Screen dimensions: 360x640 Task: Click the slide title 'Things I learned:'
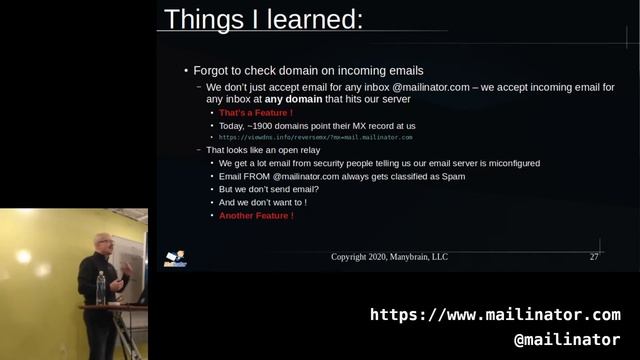click(263, 19)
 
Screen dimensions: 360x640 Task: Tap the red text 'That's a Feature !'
click(255, 113)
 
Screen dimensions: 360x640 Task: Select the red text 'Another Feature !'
click(256, 215)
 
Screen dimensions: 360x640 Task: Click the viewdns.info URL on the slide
click(316, 137)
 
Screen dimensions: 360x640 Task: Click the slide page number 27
click(594, 257)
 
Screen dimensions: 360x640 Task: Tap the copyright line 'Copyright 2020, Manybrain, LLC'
click(390, 257)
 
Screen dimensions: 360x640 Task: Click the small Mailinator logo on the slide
click(175, 258)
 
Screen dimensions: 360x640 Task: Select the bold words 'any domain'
click(293, 100)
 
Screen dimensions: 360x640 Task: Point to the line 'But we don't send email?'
click(269, 189)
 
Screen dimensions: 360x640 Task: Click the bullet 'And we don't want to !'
click(263, 202)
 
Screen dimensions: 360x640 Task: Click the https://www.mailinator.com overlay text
click(495, 315)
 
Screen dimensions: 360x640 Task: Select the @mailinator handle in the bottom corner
click(566, 340)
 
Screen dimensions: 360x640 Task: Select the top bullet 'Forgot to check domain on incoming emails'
click(308, 71)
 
